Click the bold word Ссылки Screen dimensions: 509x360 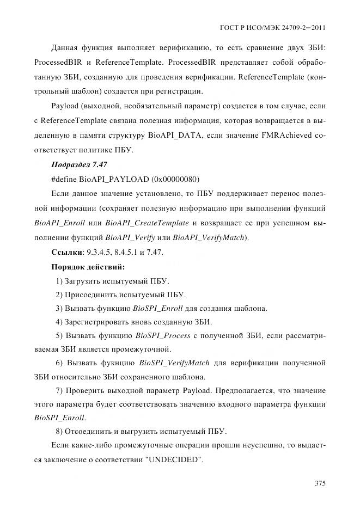coord(66,253)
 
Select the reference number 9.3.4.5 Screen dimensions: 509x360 coord(96,253)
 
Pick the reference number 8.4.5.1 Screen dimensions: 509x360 coord(124,253)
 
